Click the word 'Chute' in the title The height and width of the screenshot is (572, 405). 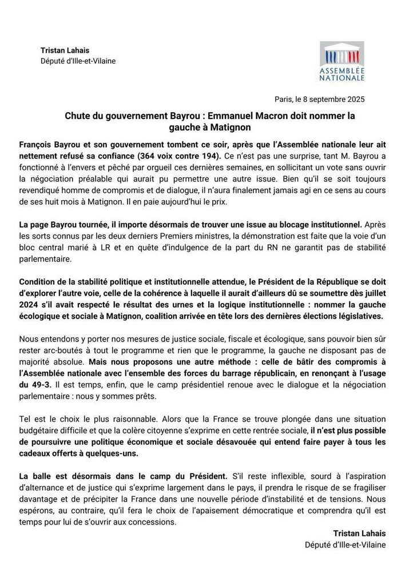pyautogui.click(x=77, y=116)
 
